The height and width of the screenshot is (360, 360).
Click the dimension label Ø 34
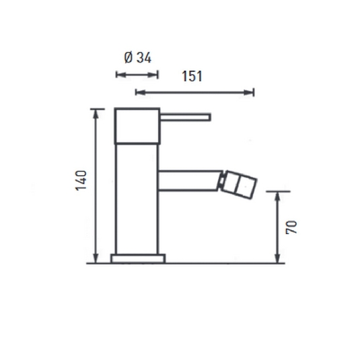click(138, 57)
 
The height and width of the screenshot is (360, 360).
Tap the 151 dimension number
click(192, 76)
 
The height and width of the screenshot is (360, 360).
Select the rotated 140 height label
click(81, 180)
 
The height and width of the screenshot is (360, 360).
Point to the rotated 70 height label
click(291, 227)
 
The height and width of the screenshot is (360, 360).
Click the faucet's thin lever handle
click(185, 117)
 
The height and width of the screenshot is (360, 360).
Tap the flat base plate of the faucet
click(138, 258)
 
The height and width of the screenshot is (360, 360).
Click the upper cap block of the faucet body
click(137, 126)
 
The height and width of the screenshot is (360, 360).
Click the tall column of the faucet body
click(137, 199)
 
